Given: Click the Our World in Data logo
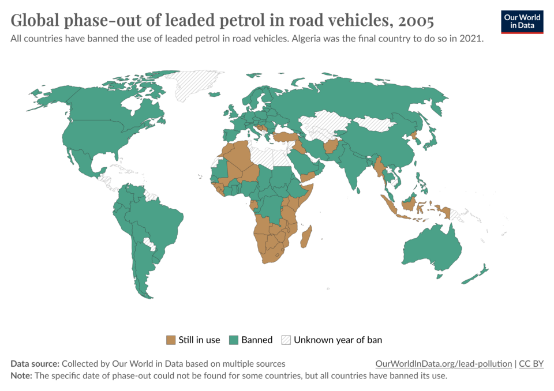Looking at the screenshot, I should pyautogui.click(x=522, y=21).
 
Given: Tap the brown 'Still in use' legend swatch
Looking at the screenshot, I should pyautogui.click(x=171, y=340).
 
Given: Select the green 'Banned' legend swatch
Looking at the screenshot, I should pyautogui.click(x=234, y=340).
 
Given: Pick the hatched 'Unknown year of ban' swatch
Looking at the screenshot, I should pyautogui.click(x=286, y=340).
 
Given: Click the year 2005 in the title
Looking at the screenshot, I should pyautogui.click(x=415, y=21).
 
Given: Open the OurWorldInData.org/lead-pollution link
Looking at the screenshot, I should pyautogui.click(x=443, y=364).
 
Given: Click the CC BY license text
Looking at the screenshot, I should pyautogui.click(x=531, y=364).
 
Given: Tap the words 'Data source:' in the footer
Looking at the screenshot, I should pyautogui.click(x=35, y=364).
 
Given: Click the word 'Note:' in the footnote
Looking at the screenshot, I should pyautogui.click(x=21, y=375).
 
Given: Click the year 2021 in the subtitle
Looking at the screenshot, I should pyautogui.click(x=471, y=40).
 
